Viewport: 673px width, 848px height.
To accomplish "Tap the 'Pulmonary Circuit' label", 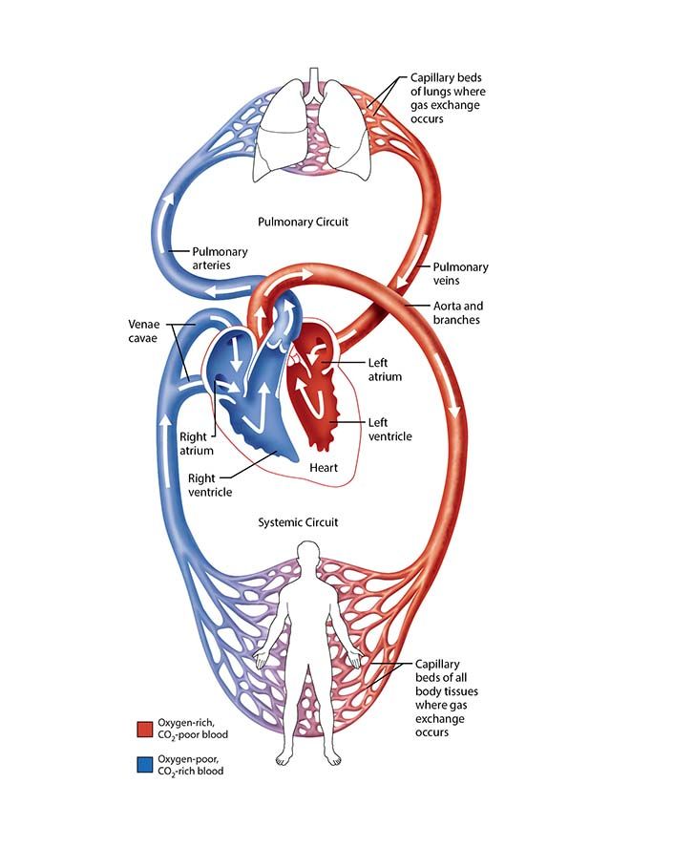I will (303, 222).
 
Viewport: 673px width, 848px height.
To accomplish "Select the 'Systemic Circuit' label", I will (299, 522).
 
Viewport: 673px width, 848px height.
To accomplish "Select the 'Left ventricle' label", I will (389, 429).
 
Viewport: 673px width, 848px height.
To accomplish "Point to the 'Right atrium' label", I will (196, 444).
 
